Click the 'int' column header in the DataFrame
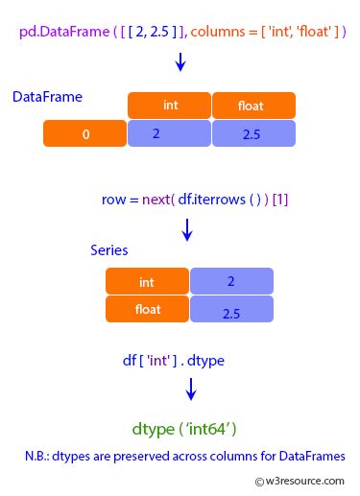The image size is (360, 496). click(169, 106)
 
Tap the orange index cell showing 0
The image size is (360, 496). click(84, 134)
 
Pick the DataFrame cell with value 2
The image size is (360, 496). click(169, 134)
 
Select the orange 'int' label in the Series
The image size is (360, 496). click(147, 282)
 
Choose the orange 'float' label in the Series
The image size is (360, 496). click(147, 309)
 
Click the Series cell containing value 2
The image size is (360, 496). click(231, 282)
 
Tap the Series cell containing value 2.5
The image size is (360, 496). click(231, 310)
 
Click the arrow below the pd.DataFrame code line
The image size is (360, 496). click(180, 63)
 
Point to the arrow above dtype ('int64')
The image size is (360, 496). click(191, 389)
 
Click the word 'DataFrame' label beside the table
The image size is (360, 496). click(47, 98)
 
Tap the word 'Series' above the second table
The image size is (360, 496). click(109, 249)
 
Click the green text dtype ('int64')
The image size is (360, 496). click(184, 427)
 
